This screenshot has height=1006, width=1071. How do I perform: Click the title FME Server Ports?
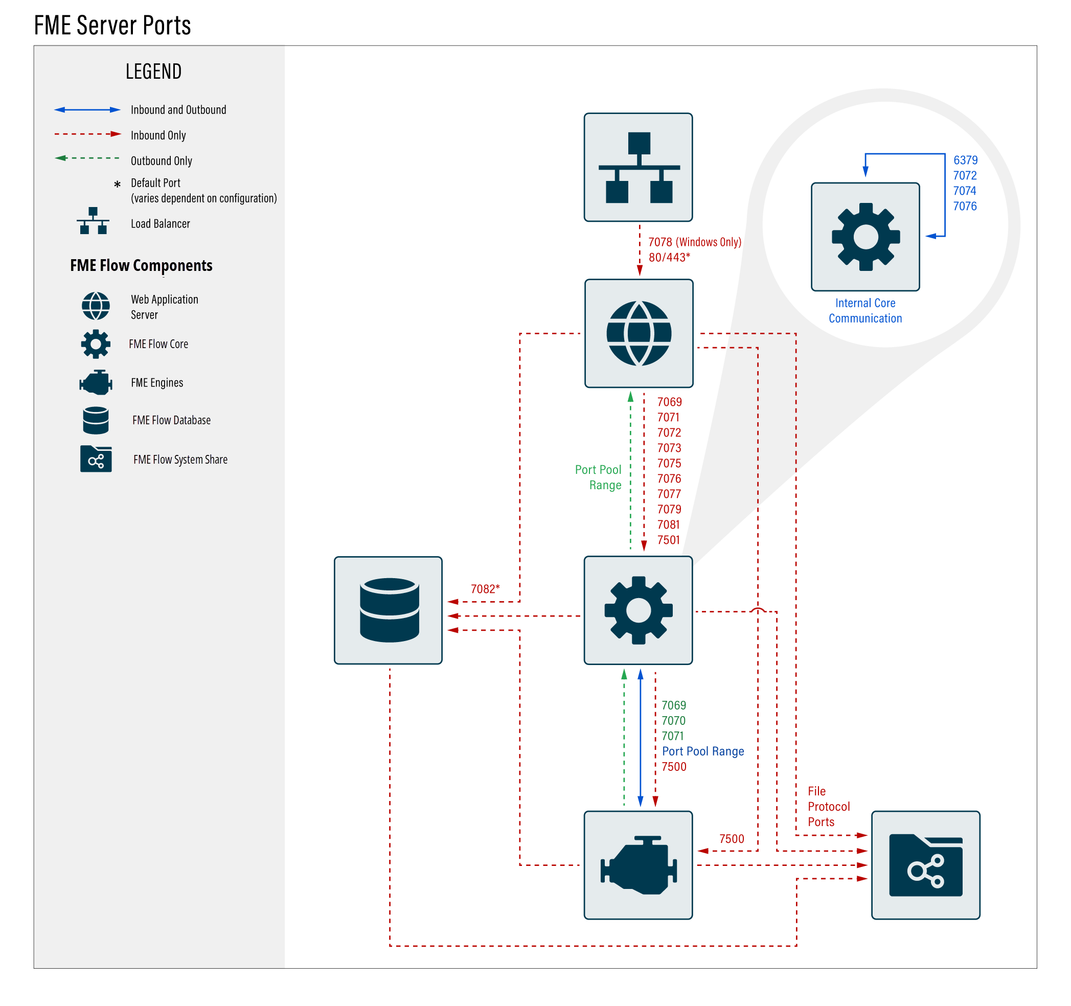tap(112, 26)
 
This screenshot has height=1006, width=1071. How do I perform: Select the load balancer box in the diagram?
tap(639, 167)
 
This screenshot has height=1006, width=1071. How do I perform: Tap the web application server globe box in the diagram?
tap(639, 333)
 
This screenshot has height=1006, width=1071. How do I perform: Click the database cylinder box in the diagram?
tap(389, 610)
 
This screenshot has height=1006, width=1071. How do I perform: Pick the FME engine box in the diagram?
tap(639, 865)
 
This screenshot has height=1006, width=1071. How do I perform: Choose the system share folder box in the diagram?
tap(925, 865)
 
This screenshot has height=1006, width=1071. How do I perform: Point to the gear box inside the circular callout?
tap(865, 237)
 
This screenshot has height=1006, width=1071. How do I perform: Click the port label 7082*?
tap(485, 589)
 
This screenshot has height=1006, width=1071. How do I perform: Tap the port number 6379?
tap(965, 160)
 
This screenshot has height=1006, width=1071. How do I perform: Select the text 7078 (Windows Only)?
tap(694, 242)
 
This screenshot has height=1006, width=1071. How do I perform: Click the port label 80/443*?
tap(669, 258)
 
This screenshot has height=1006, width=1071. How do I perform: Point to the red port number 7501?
tap(669, 540)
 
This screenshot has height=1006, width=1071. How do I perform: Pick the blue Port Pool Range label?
tap(703, 751)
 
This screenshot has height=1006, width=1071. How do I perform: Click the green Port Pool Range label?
tap(599, 477)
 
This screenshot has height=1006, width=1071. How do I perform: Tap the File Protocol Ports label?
tap(829, 807)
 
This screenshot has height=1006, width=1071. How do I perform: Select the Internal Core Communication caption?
tap(865, 311)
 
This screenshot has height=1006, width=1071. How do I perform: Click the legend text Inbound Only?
tap(158, 135)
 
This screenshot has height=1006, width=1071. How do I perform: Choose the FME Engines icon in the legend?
tap(96, 382)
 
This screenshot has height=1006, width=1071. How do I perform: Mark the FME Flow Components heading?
tap(141, 266)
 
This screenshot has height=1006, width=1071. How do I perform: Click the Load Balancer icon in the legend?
tap(93, 221)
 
